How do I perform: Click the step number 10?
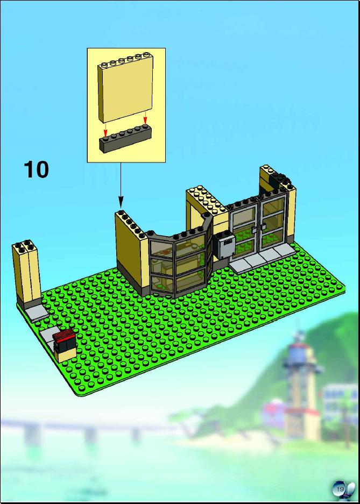(36, 169)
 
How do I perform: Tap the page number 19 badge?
(340, 489)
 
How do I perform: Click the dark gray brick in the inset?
(125, 140)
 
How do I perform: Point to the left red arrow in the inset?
(105, 131)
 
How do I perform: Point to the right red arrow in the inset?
(145, 117)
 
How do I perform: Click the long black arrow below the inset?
(121, 185)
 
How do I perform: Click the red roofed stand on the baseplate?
(65, 346)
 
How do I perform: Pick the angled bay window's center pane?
(190, 263)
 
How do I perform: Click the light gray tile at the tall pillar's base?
(36, 313)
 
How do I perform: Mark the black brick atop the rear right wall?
(279, 180)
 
